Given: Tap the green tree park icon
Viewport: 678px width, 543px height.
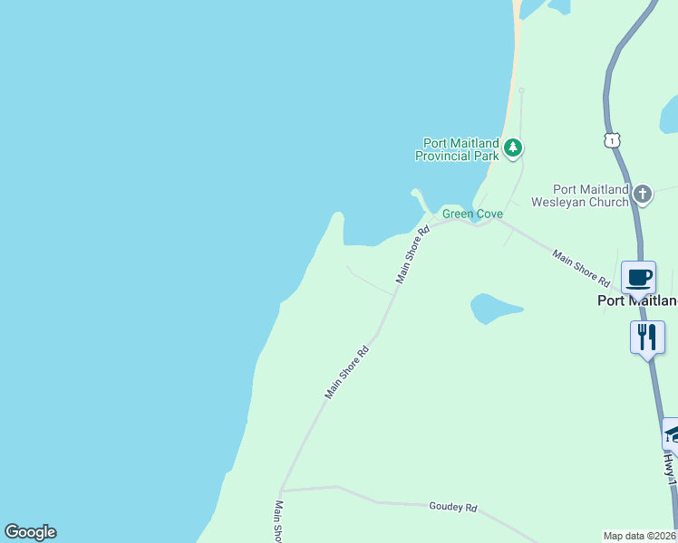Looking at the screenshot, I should click(x=513, y=148).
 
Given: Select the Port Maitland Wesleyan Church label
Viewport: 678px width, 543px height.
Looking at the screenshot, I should click(x=591, y=195).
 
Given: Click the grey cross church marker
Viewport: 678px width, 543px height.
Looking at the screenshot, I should click(x=643, y=194).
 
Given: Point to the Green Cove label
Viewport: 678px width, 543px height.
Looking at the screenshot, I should click(x=471, y=214).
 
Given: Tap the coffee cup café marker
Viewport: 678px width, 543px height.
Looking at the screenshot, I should click(x=638, y=277).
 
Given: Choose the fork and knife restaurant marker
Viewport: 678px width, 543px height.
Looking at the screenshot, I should click(x=647, y=338).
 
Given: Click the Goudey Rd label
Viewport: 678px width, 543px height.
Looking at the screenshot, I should click(x=453, y=508).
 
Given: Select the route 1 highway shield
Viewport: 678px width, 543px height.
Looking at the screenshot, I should click(x=613, y=140).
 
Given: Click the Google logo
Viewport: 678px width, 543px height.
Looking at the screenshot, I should click(x=30, y=532).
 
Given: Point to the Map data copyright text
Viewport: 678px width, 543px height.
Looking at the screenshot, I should click(x=640, y=536).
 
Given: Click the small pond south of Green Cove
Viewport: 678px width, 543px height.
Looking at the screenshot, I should click(x=493, y=308).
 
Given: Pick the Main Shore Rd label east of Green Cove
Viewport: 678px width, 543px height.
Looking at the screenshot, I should click(x=580, y=269).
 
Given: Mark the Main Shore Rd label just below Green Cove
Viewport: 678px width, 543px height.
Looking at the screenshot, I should click(x=412, y=255).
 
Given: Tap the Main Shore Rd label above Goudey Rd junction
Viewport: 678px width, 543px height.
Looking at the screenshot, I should click(x=348, y=373).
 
